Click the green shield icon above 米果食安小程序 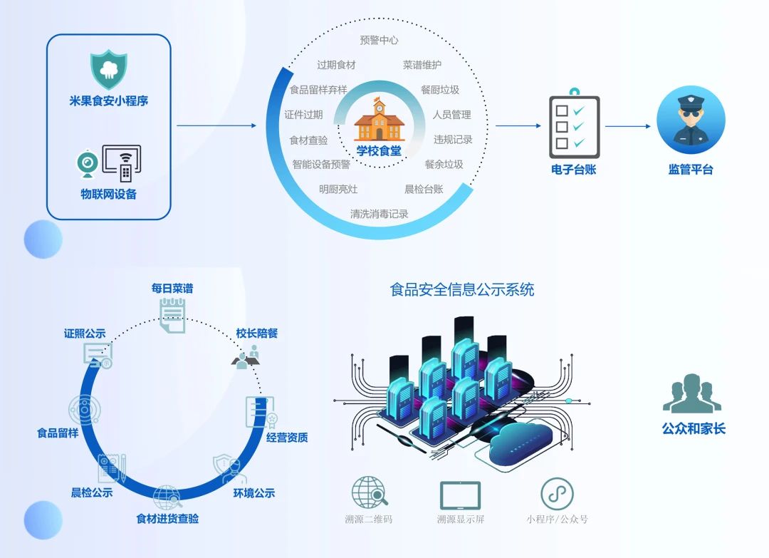[x=108, y=69]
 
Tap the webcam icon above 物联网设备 [x=88, y=164]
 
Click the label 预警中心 [x=379, y=40]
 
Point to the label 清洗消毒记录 [x=379, y=214]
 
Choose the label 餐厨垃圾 [x=440, y=90]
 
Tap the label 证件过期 [x=303, y=115]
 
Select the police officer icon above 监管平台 [x=691, y=120]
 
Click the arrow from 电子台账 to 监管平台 [x=628, y=126]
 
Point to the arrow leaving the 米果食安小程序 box [x=216, y=125]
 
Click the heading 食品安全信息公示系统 [x=462, y=289]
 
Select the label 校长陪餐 [x=257, y=334]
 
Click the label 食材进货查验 [x=167, y=518]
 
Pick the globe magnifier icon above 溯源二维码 [x=370, y=492]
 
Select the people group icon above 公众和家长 [x=692, y=393]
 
